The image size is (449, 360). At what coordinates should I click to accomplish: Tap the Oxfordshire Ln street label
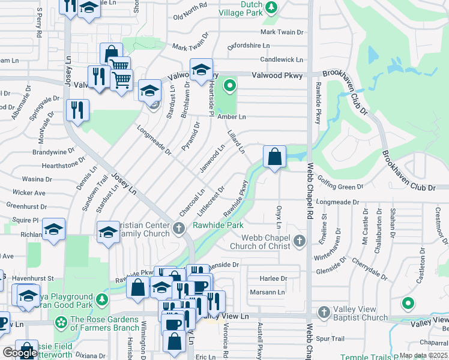[x=249, y=46]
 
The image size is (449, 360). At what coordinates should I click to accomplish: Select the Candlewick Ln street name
[x=282, y=59]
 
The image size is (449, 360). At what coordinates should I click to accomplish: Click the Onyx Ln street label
[x=279, y=217]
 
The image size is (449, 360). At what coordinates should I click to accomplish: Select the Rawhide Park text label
[x=217, y=225]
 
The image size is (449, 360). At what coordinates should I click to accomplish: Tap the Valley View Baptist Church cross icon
[x=324, y=312]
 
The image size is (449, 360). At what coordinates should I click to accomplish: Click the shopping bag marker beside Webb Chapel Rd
[x=274, y=157]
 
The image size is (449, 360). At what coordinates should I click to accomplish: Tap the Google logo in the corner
[x=20, y=353]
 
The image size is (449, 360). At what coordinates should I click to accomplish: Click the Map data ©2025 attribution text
[x=423, y=355]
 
